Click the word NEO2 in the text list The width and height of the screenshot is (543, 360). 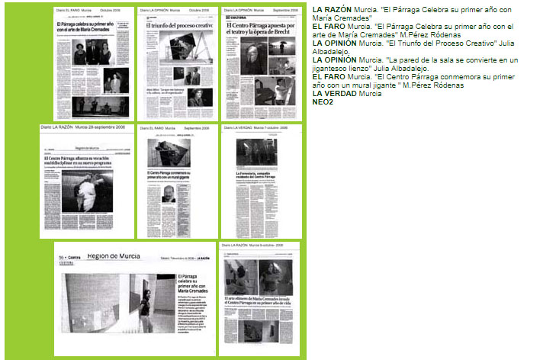[x=322, y=101]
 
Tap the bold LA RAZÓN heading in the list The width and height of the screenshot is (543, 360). [x=332, y=8]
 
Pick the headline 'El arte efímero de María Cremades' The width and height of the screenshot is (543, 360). [x=258, y=301]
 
